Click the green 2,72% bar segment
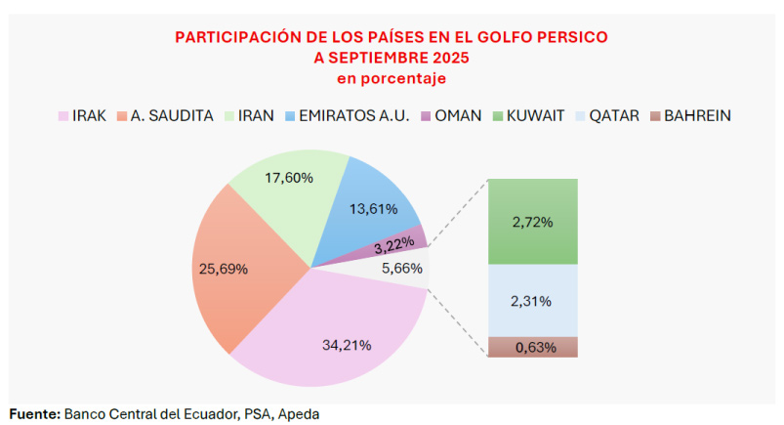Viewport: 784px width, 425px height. [x=532, y=222]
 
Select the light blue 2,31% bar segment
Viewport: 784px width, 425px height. [x=532, y=301]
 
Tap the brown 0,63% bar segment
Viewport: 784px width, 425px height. [x=532, y=347]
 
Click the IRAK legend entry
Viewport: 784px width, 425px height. [x=82, y=115]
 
